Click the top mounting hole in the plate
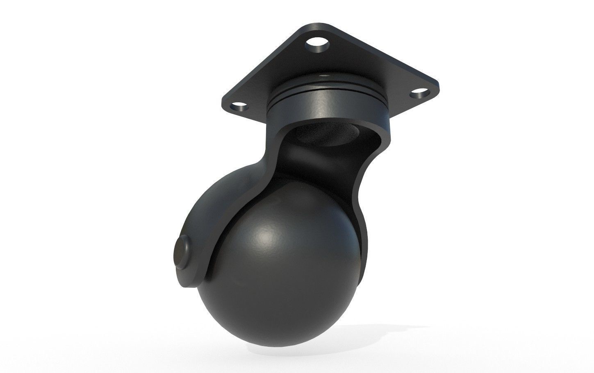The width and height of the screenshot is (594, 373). pyautogui.click(x=317, y=43)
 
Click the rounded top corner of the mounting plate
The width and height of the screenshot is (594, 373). pyautogui.click(x=318, y=26)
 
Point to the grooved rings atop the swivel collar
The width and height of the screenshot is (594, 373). pyautogui.click(x=324, y=89)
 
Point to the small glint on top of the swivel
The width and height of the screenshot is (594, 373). pyautogui.click(x=325, y=76)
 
